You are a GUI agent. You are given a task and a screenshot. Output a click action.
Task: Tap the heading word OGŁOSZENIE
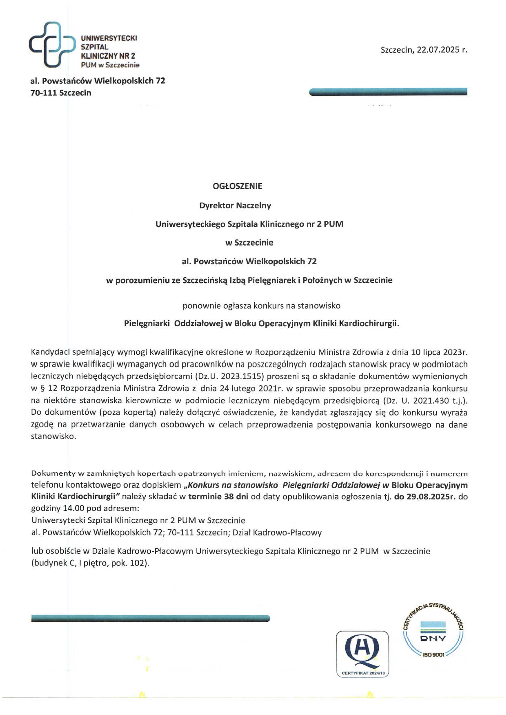coord(237,186)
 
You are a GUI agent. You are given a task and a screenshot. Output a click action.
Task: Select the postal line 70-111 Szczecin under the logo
coord(61,93)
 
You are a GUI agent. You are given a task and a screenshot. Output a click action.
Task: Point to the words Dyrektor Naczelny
coord(235,206)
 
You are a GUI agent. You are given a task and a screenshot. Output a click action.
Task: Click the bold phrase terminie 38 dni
coord(218,497)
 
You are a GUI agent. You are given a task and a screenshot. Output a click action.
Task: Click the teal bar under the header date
coord(388,92)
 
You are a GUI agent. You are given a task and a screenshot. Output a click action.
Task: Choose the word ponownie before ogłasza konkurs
coord(202,306)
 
